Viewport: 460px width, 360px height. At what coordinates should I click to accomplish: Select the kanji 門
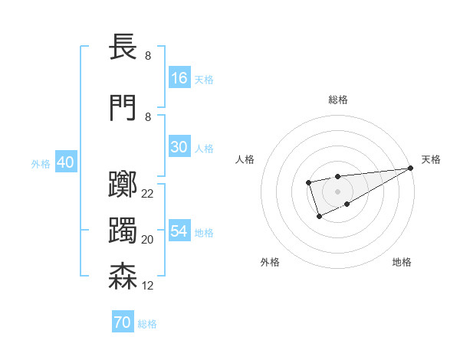tap(123, 107)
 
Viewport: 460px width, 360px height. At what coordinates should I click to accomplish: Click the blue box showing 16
tap(179, 77)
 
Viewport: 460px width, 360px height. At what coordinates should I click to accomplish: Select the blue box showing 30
tap(179, 147)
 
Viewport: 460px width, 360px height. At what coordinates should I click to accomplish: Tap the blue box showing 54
tap(179, 231)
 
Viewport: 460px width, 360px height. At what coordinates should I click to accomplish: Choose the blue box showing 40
tap(65, 162)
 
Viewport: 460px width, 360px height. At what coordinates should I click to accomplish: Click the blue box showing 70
tap(123, 322)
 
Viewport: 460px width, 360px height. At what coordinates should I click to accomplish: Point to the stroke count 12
tap(147, 286)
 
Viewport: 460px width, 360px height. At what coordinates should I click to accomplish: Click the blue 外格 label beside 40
tap(41, 163)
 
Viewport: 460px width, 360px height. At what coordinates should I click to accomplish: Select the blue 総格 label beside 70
tap(147, 324)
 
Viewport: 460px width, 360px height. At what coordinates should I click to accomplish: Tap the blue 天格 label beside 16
tap(204, 79)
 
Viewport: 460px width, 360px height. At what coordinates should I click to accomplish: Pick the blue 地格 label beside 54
tap(204, 232)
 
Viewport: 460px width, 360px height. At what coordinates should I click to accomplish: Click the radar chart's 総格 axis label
tap(337, 100)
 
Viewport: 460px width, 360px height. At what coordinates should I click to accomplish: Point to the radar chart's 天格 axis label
tap(431, 159)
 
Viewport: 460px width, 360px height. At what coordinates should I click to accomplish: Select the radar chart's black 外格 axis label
tap(270, 262)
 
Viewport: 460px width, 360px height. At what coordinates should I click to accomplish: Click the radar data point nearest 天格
tap(411, 168)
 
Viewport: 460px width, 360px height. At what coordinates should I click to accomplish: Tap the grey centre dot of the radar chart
tap(337, 191)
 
